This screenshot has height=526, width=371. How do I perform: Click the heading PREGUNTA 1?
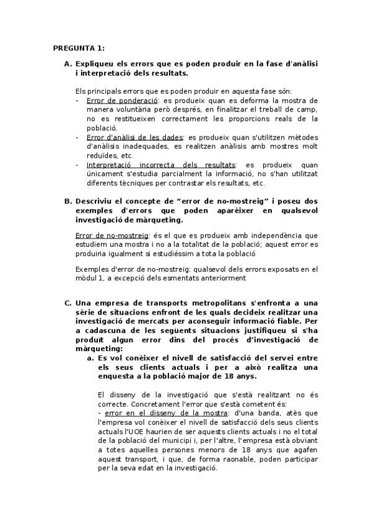pyautogui.click(x=79, y=47)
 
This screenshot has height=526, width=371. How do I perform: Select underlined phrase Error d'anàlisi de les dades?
pyautogui.click(x=135, y=136)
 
